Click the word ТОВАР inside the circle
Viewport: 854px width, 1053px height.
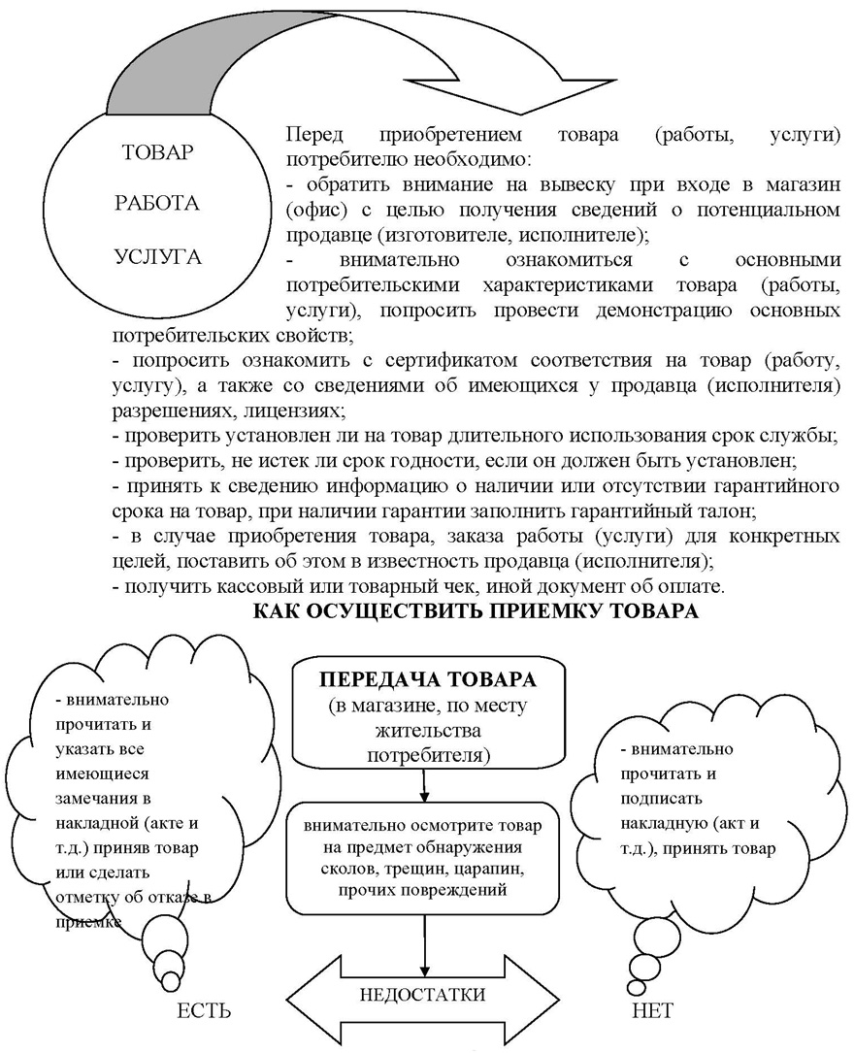pyautogui.click(x=158, y=153)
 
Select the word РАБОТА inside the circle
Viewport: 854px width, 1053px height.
pyautogui.click(x=157, y=205)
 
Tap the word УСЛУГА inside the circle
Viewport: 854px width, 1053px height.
pyautogui.click(x=158, y=257)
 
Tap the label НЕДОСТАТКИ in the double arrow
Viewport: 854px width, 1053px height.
pyautogui.click(x=423, y=995)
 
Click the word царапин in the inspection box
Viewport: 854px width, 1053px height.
pyautogui.click(x=493, y=871)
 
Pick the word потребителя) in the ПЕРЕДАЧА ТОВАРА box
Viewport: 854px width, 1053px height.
pyautogui.click(x=428, y=753)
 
